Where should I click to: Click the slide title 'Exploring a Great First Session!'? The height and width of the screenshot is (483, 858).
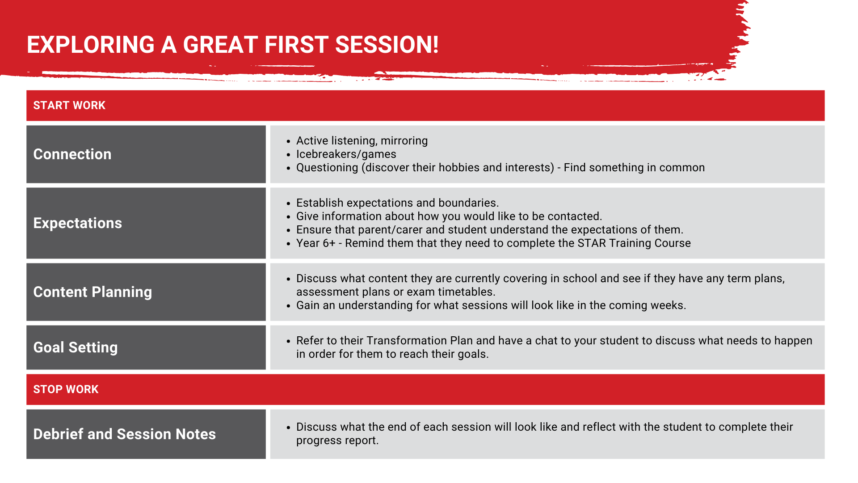tap(232, 45)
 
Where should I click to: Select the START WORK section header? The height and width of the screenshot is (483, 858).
tap(69, 106)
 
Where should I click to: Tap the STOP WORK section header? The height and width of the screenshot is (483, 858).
tap(66, 390)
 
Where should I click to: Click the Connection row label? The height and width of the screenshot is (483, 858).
tap(72, 154)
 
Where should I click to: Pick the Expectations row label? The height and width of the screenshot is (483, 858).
tap(77, 223)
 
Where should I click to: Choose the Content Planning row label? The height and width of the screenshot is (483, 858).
tap(93, 292)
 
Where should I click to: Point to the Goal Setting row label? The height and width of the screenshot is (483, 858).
tap(76, 347)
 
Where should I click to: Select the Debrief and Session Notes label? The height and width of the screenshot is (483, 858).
tap(125, 434)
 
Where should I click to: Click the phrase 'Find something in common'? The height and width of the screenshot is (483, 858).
tap(634, 168)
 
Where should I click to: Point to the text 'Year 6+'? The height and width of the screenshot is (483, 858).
tap(315, 243)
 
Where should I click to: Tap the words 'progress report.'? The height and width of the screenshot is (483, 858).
tap(337, 441)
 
